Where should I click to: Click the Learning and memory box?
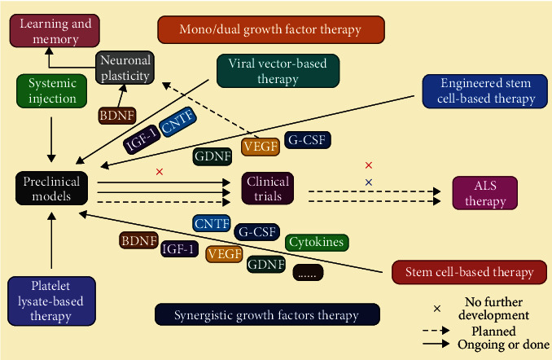(50, 31)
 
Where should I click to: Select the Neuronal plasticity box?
(125, 68)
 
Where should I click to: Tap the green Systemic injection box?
(52, 91)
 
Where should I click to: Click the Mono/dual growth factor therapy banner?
(270, 30)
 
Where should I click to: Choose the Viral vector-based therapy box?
(278, 72)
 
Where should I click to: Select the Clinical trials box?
(265, 189)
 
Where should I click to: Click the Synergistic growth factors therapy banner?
(267, 315)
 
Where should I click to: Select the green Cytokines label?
(317, 243)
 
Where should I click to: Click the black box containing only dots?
(308, 274)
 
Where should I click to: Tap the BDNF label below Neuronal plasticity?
(115, 116)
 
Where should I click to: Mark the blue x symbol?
(369, 182)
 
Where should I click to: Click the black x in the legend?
(437, 309)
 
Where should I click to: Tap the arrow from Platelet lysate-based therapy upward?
(52, 241)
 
